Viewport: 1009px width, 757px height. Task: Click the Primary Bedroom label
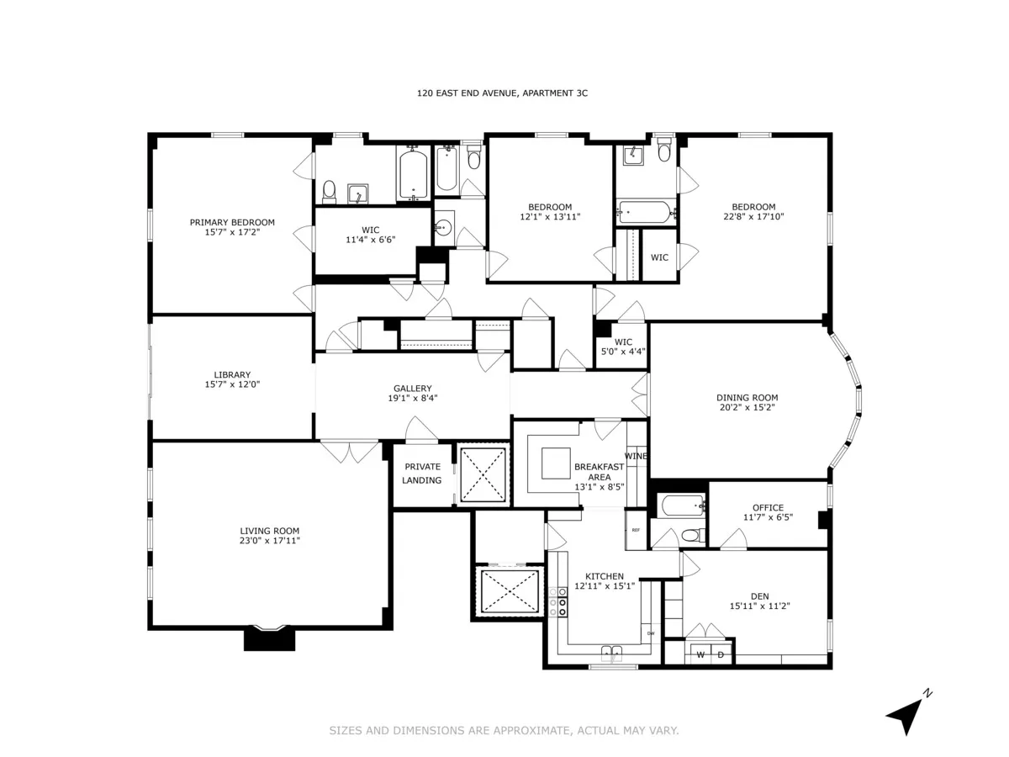pyautogui.click(x=232, y=222)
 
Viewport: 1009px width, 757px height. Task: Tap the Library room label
pyautogui.click(x=232, y=375)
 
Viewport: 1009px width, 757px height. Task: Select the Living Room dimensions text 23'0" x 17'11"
pyautogui.click(x=269, y=540)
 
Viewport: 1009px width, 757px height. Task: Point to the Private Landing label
pyautogui.click(x=422, y=474)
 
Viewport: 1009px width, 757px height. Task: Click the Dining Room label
pyautogui.click(x=747, y=398)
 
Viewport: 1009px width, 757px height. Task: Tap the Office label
pyautogui.click(x=768, y=507)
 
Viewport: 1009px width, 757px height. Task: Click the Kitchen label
pyautogui.click(x=599, y=576)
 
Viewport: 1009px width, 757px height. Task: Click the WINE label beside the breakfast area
pyautogui.click(x=637, y=456)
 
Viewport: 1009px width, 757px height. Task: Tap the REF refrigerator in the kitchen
pyautogui.click(x=636, y=531)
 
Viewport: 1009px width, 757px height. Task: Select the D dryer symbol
pyautogui.click(x=721, y=654)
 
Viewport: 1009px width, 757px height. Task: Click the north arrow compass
pyautogui.click(x=906, y=714)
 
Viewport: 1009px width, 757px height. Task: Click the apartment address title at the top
pyautogui.click(x=502, y=93)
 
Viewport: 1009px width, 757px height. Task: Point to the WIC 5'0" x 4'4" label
pyautogui.click(x=621, y=347)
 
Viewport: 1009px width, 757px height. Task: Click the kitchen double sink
pyautogui.click(x=612, y=650)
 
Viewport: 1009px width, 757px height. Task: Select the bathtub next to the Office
pyautogui.click(x=682, y=506)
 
